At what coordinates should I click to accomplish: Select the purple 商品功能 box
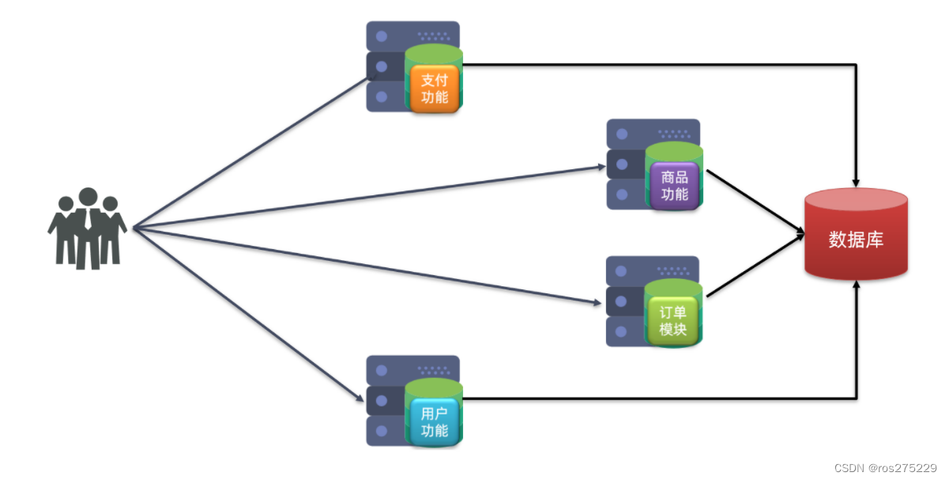(x=675, y=186)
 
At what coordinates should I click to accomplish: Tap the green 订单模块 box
(x=674, y=321)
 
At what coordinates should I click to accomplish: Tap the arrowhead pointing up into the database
(x=857, y=288)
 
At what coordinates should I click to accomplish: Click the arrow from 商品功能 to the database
(x=755, y=201)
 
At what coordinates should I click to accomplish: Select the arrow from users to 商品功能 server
(x=363, y=198)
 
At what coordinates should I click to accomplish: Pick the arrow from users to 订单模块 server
(x=363, y=265)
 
